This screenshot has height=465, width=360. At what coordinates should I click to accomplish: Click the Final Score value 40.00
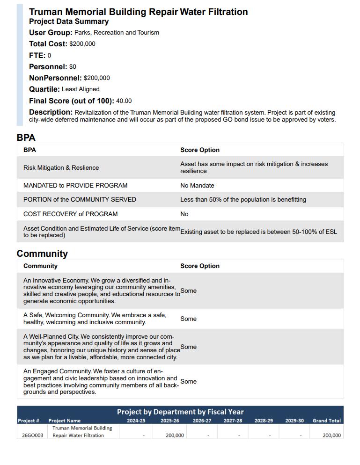[124, 101]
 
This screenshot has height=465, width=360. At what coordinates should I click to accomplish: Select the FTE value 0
[49, 56]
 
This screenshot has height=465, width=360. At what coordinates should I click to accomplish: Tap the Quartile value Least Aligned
[81, 89]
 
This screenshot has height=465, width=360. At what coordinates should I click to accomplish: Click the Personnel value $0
[73, 67]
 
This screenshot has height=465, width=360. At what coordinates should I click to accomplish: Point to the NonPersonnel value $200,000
[97, 78]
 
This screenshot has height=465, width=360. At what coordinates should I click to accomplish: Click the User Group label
[51, 33]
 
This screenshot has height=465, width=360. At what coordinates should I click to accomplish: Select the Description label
[51, 112]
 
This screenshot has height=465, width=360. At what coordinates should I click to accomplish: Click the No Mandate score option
[197, 186]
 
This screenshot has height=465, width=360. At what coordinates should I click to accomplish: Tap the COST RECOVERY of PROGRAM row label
[71, 214]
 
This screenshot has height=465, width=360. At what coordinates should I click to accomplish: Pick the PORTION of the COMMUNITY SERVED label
[80, 200]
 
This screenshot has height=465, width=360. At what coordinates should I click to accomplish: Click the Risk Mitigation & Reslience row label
[61, 168]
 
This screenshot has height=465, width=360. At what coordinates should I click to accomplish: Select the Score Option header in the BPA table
[200, 150]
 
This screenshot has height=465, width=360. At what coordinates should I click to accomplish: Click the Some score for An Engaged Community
[188, 382]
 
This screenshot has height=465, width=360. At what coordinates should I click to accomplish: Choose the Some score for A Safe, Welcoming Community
[188, 319]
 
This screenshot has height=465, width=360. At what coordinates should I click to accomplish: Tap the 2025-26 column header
[170, 421]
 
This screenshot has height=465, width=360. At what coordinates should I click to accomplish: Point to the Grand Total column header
[327, 421]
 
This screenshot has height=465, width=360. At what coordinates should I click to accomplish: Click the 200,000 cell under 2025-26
[175, 436]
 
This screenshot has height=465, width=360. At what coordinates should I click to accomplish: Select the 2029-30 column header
[294, 421]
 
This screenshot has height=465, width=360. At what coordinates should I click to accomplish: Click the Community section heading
[42, 254]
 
